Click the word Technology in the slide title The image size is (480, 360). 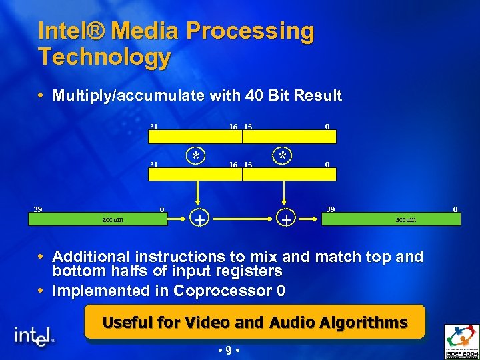coord(105,57)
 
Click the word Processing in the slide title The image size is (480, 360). coord(250,31)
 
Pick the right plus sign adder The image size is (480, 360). coord(286,218)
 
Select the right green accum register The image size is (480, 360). coord(405,219)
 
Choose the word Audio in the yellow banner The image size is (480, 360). coord(292,323)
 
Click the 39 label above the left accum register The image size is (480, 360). coord(39,209)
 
